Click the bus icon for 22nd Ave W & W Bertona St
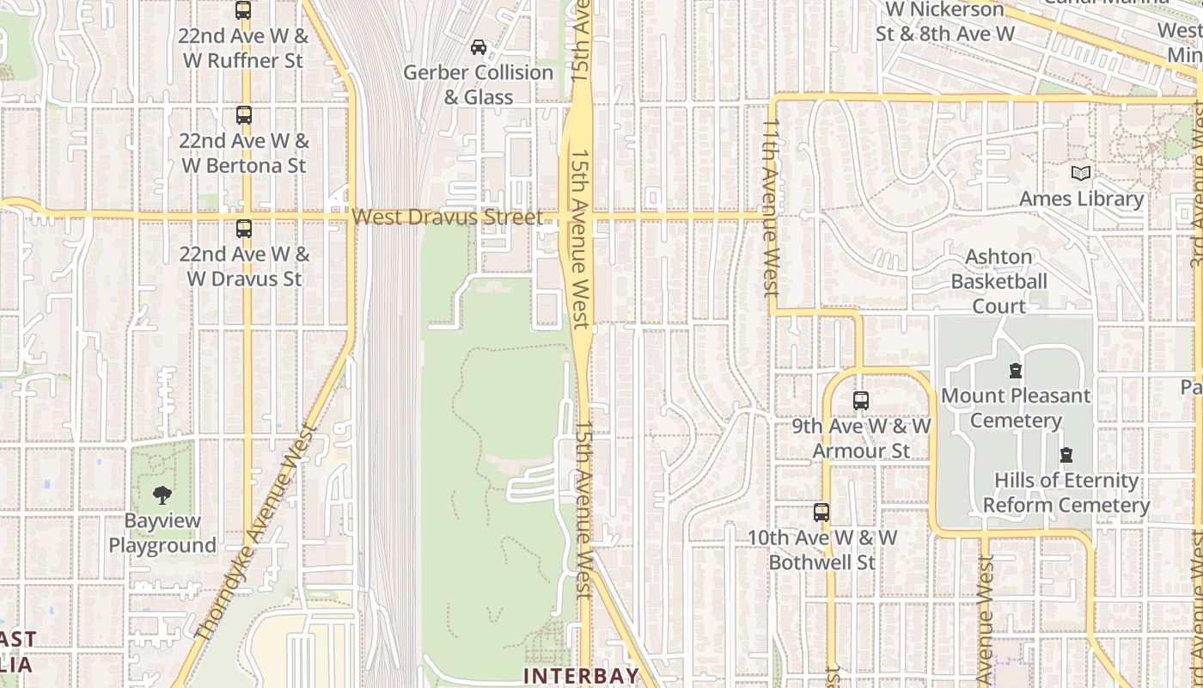[244, 115]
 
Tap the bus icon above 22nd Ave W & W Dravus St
[244, 229]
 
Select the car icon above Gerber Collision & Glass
[479, 47]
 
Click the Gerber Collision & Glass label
[479, 84]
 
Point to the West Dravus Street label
[448, 217]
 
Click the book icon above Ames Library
[1081, 174]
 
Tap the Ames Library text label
[1081, 199]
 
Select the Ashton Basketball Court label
[998, 281]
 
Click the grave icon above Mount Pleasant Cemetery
[1016, 372]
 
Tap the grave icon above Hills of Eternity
[1066, 455]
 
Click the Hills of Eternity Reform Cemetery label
[1066, 492]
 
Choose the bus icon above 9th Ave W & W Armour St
[861, 401]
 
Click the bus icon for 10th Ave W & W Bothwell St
[821, 513]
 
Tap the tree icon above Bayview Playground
[162, 495]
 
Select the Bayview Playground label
[162, 532]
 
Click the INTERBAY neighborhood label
[582, 676]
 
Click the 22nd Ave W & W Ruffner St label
[243, 48]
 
